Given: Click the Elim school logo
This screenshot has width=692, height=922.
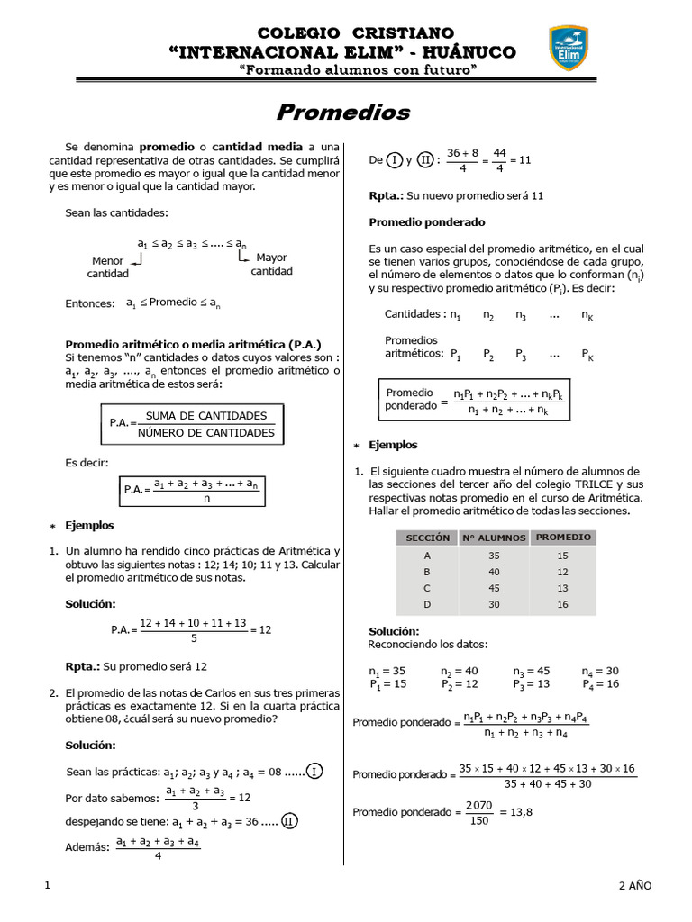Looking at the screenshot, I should [569, 48].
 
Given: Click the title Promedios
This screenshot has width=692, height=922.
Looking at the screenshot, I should [342, 113].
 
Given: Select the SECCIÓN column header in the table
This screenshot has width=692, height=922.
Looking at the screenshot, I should [427, 538].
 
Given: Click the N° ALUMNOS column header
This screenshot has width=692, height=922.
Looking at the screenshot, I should [494, 538].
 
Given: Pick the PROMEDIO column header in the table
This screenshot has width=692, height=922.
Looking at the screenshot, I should [563, 537].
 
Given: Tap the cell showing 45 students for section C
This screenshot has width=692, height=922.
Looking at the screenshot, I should [494, 588].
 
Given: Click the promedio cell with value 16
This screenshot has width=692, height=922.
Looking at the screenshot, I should [563, 604].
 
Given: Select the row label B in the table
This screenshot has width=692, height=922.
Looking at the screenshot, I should [427, 572].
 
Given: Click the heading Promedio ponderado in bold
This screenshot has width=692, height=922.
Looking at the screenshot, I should [427, 221].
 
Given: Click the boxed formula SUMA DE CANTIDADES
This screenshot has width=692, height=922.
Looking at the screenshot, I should [206, 416].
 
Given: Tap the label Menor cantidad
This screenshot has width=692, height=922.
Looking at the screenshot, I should [108, 267].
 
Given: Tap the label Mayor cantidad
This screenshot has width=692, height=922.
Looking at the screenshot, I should [271, 264].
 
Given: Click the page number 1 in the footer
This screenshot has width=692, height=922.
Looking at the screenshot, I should [47, 886].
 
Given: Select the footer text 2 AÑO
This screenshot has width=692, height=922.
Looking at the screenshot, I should [634, 886].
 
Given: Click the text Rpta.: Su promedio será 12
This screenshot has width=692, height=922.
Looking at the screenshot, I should [136, 666].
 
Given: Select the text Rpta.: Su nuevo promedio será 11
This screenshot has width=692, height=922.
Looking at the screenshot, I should [456, 195].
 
